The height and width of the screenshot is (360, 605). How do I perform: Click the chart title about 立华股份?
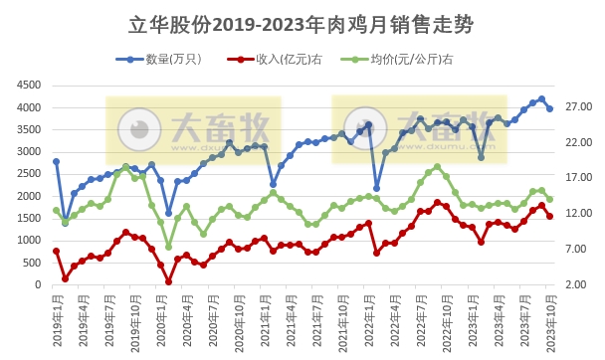click(x=302, y=23)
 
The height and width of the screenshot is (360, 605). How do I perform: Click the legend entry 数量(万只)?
click(x=169, y=60)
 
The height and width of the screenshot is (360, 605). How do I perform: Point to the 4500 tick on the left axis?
click(x=29, y=86)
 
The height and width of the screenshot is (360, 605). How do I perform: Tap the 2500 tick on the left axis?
click(x=29, y=174)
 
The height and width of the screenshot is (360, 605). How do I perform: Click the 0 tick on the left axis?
click(x=39, y=284)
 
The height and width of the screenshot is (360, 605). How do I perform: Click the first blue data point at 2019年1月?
click(x=57, y=161)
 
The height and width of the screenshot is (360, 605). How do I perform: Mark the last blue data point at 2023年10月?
click(x=550, y=108)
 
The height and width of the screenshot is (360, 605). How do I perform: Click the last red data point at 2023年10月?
click(x=550, y=216)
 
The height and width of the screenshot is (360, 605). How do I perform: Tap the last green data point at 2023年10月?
click(x=550, y=199)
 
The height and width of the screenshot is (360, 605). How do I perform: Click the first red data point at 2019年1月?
click(x=57, y=252)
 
